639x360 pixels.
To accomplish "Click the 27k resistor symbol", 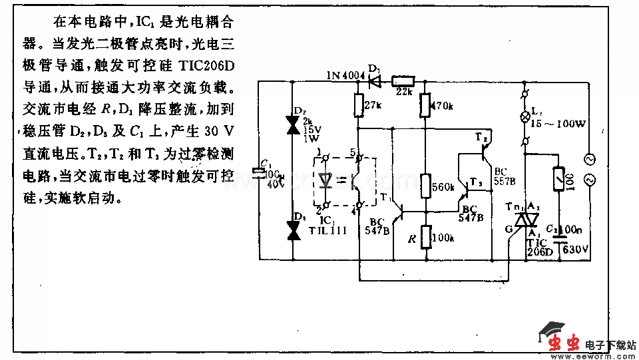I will [x=358, y=105].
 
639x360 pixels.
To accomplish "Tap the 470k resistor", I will [x=425, y=104].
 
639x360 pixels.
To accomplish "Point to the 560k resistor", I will [x=425, y=187].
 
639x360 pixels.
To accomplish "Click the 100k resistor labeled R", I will [x=425, y=238].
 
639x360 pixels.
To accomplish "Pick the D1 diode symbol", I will [x=375, y=81].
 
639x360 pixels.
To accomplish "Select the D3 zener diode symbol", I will [x=292, y=230].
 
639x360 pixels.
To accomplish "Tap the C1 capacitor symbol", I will [x=260, y=172].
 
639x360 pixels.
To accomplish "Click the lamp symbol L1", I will [x=525, y=113].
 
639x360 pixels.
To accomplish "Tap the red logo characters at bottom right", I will [x=562, y=343].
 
